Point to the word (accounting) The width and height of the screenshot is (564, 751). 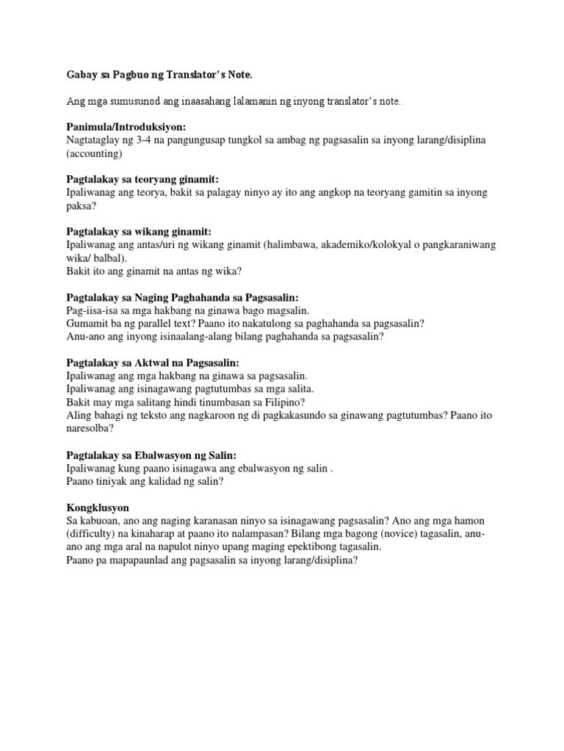pos(94,154)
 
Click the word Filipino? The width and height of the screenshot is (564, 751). pos(282,403)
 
